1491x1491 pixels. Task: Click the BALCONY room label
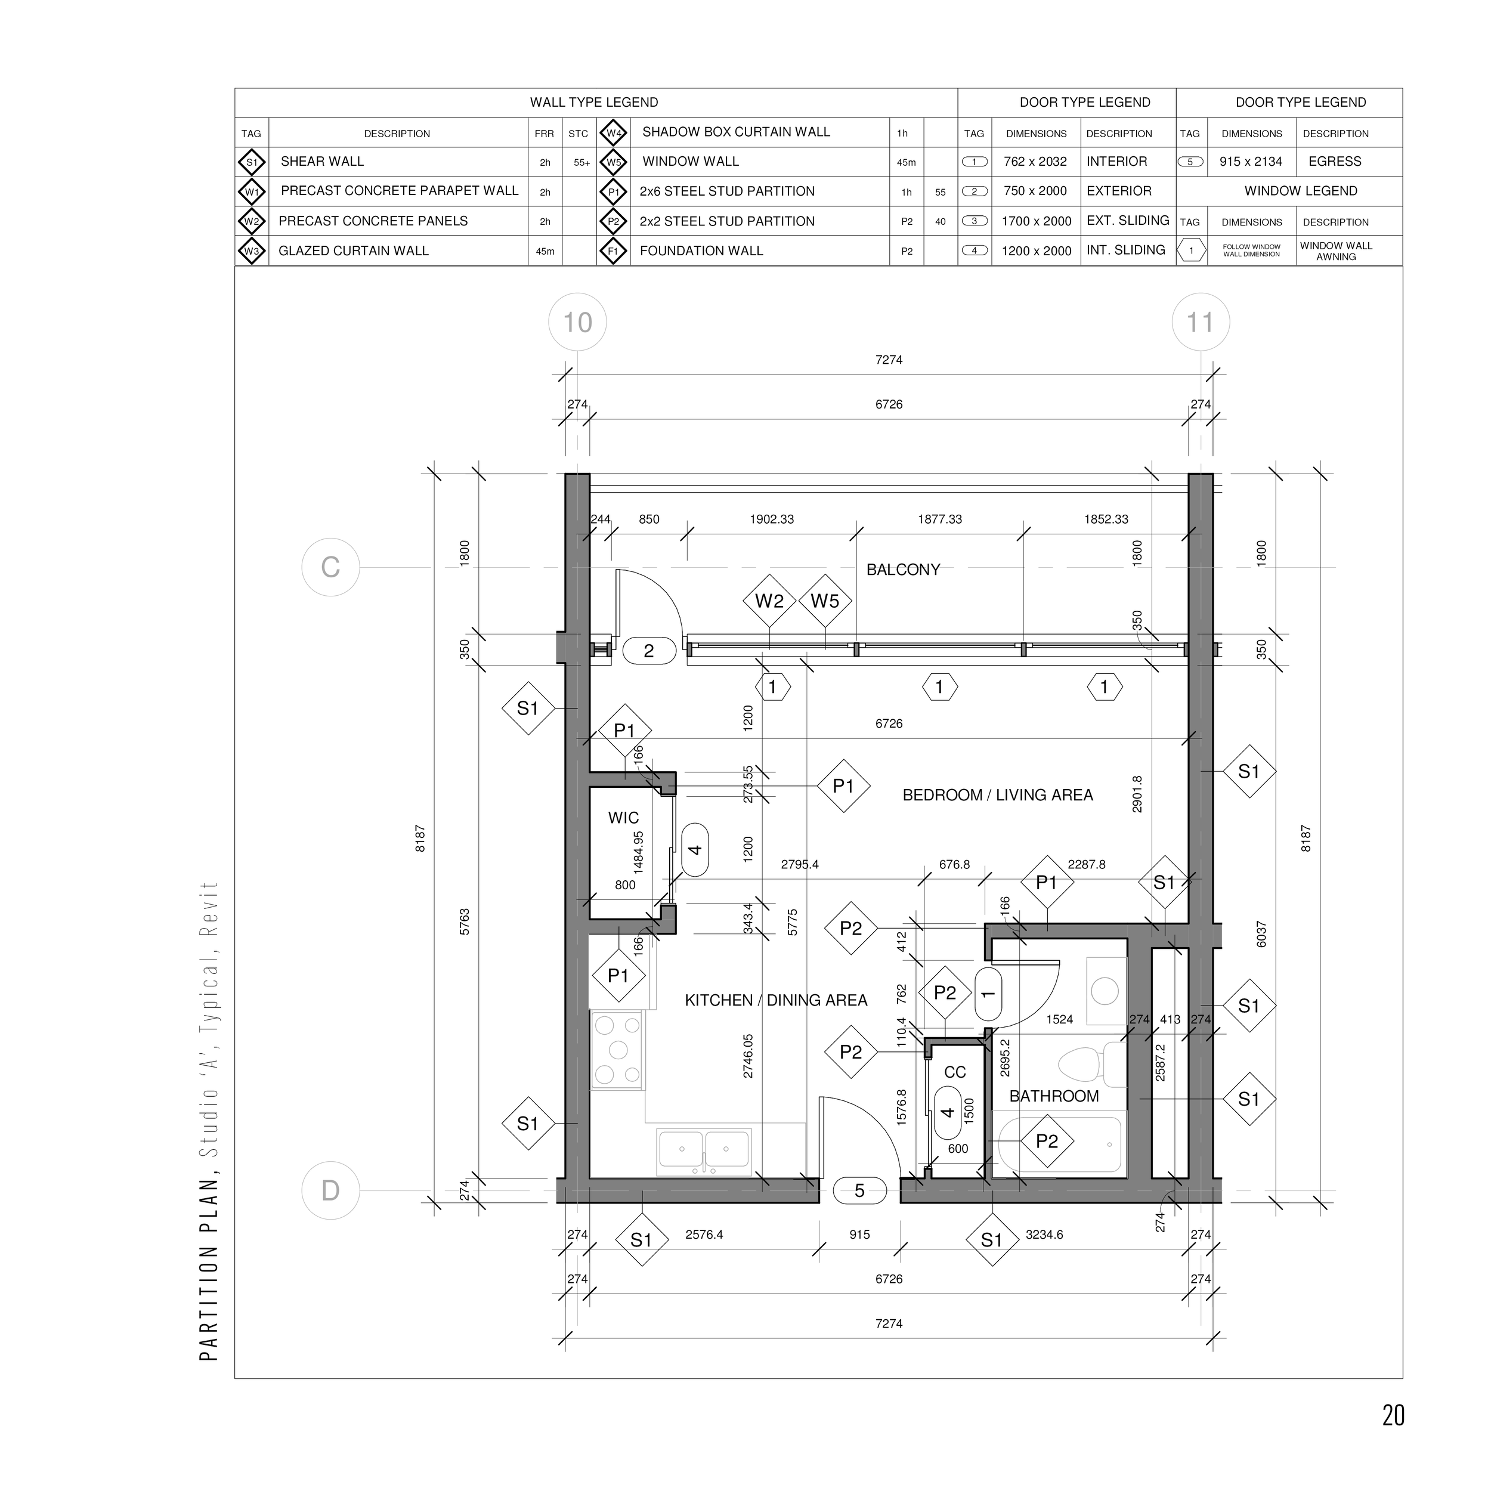point(903,570)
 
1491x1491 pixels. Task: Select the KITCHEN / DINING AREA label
point(775,1000)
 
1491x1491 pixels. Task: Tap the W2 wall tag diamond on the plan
point(769,601)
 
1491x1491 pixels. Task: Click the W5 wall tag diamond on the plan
point(825,601)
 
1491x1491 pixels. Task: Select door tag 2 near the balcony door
point(649,651)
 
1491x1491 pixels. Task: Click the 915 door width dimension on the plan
point(860,1235)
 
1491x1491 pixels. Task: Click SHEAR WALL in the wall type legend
point(322,161)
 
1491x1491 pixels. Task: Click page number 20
point(1393,1415)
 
